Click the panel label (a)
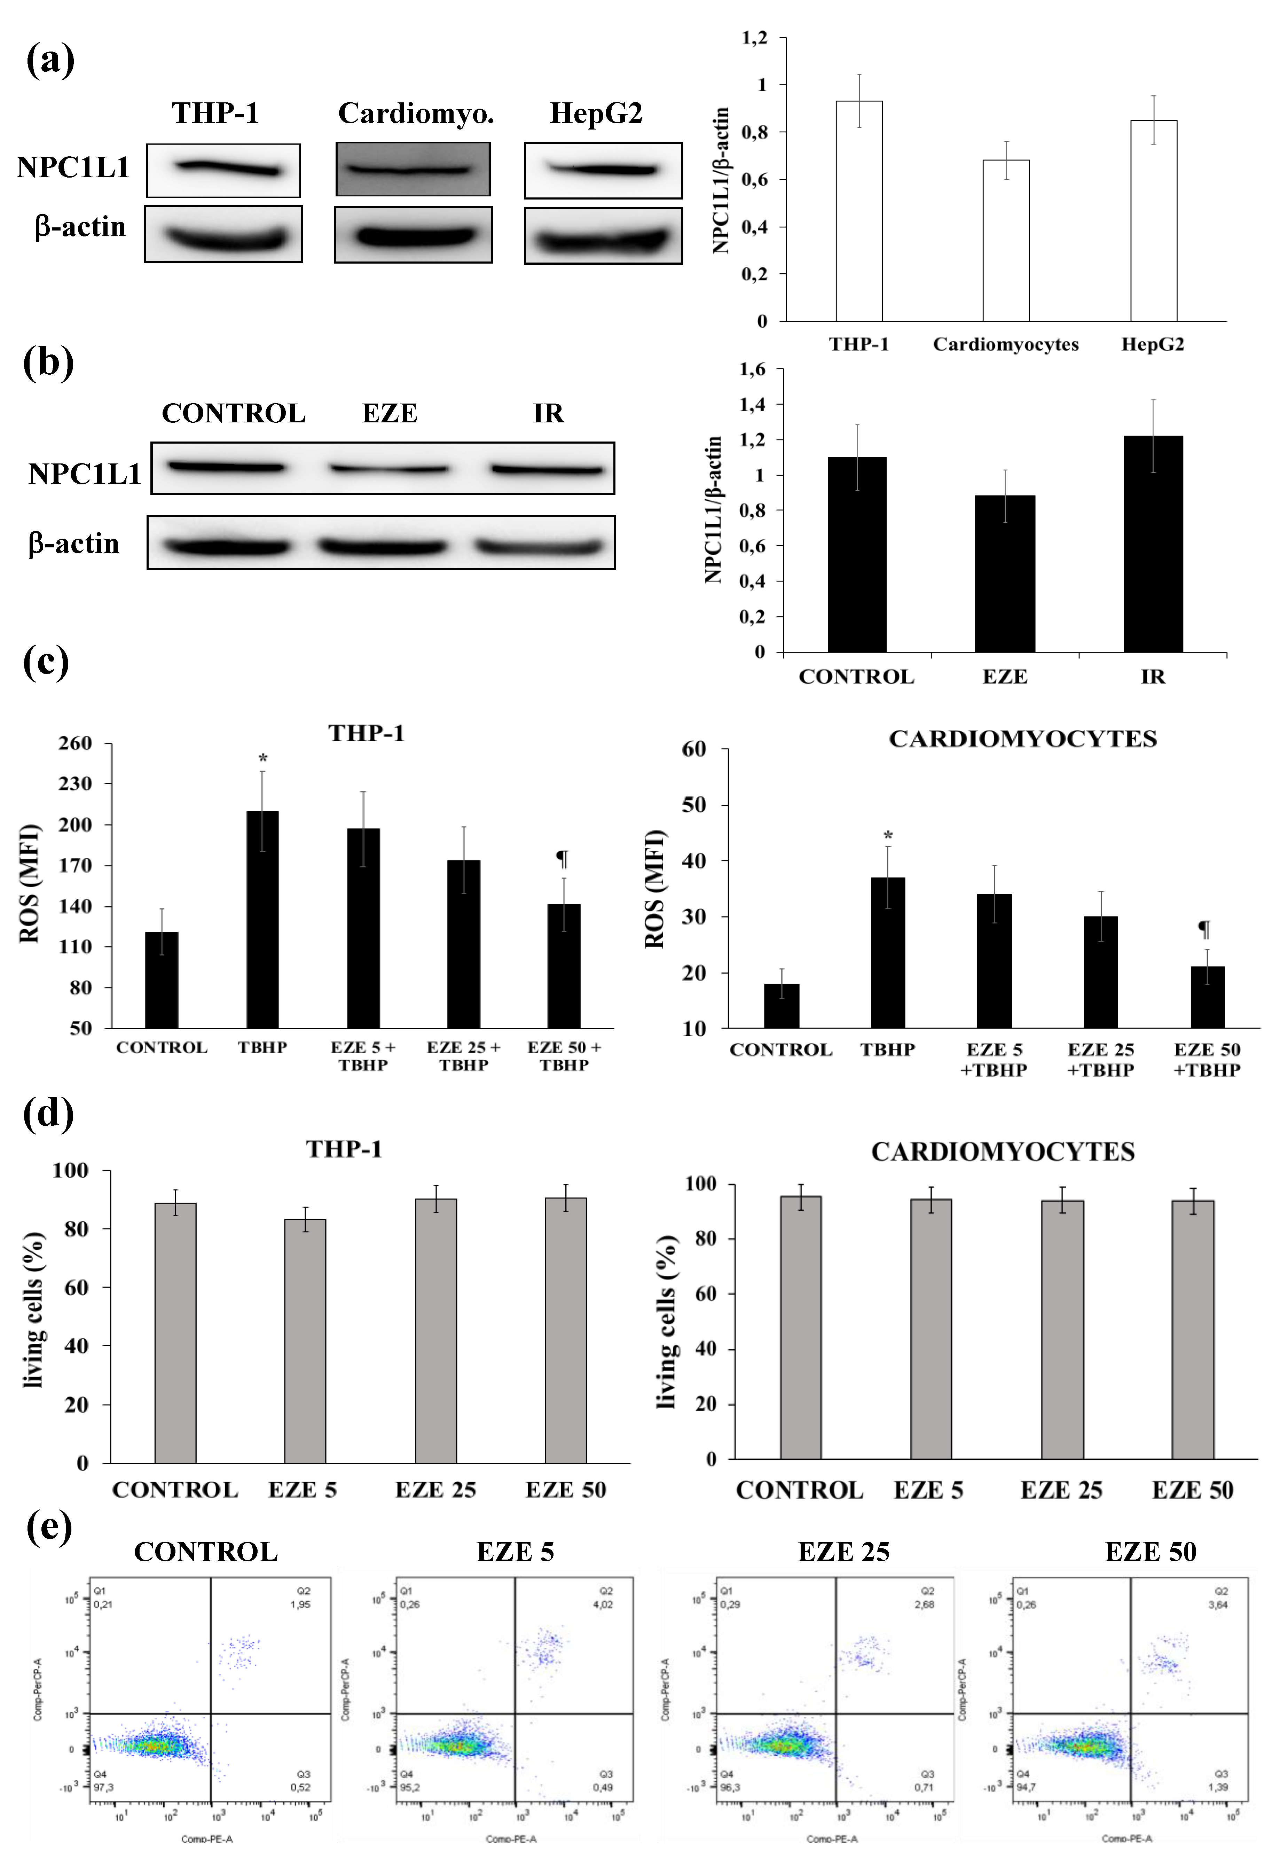[x=50, y=60]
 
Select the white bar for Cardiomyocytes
[x=1006, y=241]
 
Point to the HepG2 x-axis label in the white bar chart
[x=1153, y=344]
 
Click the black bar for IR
[x=1153, y=544]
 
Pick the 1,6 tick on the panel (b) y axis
[x=752, y=369]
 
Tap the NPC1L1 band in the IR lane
[x=547, y=470]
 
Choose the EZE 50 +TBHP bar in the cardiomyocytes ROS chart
[x=1207, y=997]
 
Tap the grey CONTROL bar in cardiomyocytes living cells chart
[x=800, y=1329]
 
